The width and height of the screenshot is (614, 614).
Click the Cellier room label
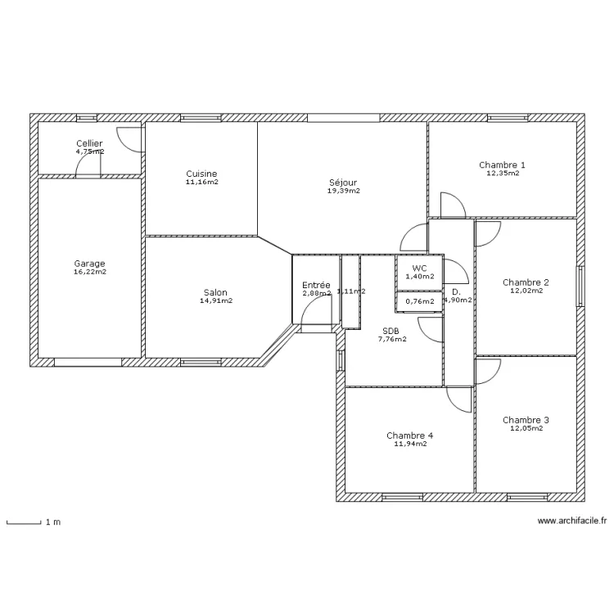pos(89,143)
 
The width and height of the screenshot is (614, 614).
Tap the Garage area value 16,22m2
pos(89,272)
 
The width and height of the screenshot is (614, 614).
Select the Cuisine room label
pos(201,174)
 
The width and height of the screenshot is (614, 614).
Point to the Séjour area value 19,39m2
pos(343,191)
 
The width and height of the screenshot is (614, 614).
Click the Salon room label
pos(216,292)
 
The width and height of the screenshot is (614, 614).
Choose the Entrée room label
pos(316,285)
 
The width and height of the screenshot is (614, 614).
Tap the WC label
pos(419,268)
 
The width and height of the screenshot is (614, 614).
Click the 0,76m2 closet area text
pos(419,301)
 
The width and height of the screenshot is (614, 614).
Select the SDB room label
pos(391,332)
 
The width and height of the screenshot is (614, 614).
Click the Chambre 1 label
pos(502,165)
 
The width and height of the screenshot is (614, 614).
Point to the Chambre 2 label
pos(526,282)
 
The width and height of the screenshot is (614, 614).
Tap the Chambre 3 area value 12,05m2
pos(526,428)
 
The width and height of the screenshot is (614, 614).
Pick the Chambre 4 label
pos(410,436)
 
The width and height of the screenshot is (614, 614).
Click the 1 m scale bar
pos(24,521)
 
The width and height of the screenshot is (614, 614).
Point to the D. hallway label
pos(456,291)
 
